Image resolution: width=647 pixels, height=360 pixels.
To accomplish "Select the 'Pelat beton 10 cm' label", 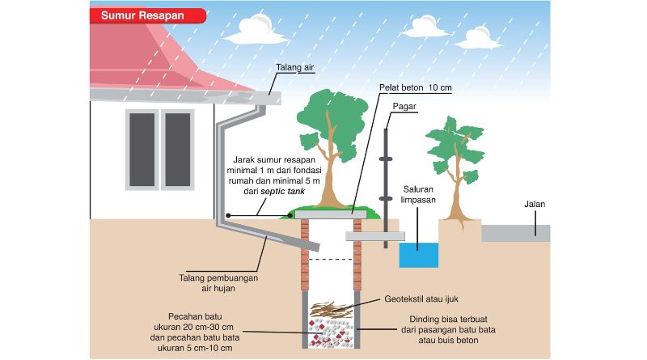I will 416,87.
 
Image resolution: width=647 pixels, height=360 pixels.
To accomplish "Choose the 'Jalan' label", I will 535,205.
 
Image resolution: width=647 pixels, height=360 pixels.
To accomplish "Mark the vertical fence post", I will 386,178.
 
